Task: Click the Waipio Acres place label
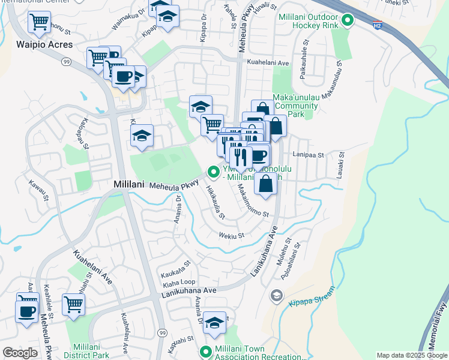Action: [45, 44]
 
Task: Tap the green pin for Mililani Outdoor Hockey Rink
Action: [347, 22]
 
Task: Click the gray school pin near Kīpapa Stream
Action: [276, 295]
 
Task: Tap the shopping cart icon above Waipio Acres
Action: [39, 22]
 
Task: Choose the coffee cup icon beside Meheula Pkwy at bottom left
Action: [27, 311]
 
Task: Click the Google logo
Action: [20, 353]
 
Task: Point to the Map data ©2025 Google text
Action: [411, 355]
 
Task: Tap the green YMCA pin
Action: [213, 172]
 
